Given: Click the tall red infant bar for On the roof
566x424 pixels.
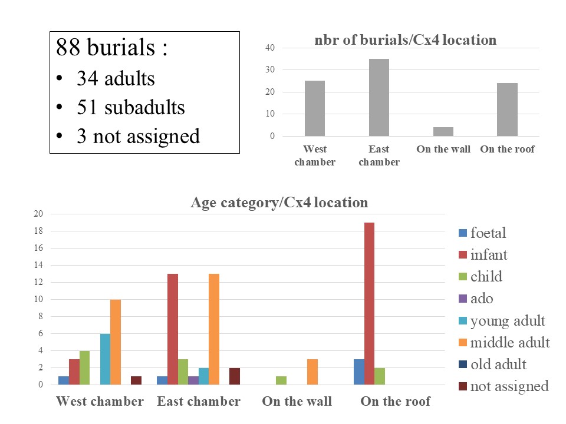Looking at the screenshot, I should click(369, 303).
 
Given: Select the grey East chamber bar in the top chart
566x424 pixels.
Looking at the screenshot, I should click(379, 97).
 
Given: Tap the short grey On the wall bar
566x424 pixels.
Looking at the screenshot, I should click(443, 131).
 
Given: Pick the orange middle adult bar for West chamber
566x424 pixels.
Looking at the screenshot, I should click(116, 342).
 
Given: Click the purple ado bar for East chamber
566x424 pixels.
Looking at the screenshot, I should click(193, 380).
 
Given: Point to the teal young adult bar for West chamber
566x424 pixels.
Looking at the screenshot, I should click(105, 359).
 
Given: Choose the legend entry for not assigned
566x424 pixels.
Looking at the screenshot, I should click(504, 386).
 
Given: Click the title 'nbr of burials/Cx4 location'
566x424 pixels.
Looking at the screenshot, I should click(404, 41).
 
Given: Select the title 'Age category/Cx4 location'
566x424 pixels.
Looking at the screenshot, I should click(279, 203).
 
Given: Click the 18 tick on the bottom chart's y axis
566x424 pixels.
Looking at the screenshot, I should click(38, 231).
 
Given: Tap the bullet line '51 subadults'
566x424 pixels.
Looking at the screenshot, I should click(130, 108).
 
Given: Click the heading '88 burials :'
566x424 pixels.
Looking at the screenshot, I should click(112, 48).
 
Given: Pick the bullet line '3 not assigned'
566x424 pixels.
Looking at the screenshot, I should click(138, 136).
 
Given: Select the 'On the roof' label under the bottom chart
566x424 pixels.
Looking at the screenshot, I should click(395, 402).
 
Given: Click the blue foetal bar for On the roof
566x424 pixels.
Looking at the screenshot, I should click(358, 372).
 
